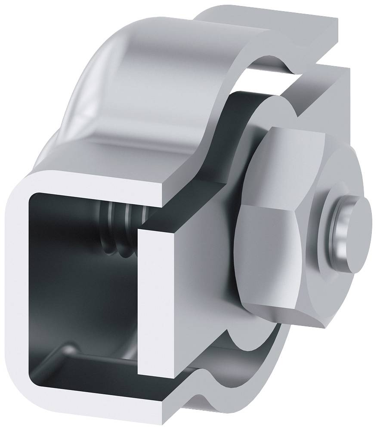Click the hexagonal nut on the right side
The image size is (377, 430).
click(x=280, y=224)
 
